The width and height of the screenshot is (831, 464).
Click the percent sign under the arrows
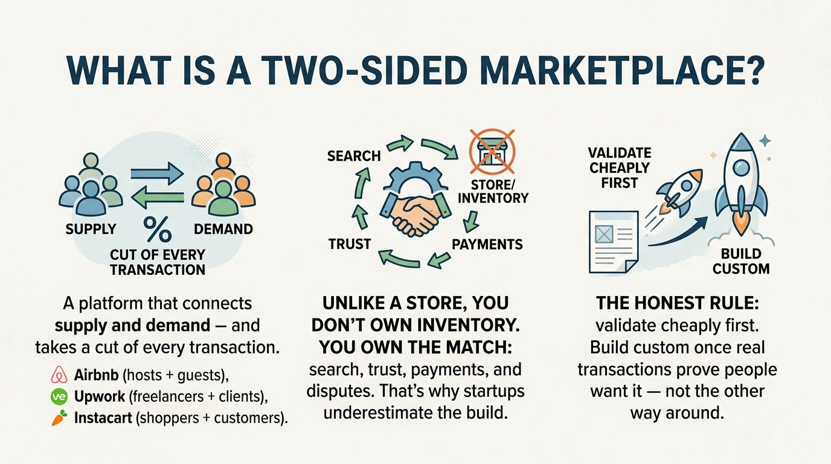pyautogui.click(x=158, y=229)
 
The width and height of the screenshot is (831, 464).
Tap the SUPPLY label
pyautogui.click(x=91, y=229)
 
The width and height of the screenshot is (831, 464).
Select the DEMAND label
pyautogui.click(x=223, y=229)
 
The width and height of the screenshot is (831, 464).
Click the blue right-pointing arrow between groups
pyautogui.click(x=157, y=173)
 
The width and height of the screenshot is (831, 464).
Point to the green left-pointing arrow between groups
pyautogui.click(x=158, y=198)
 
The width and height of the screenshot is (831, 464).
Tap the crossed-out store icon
pyautogui.click(x=492, y=152)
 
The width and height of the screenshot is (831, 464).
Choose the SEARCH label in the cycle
pyautogui.click(x=354, y=156)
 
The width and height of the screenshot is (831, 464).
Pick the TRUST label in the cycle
pyautogui.click(x=350, y=244)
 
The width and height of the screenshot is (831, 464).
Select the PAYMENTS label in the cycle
pyautogui.click(x=487, y=244)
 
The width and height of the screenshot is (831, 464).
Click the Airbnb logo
pyautogui.click(x=59, y=375)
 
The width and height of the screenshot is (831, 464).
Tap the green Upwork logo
pyautogui.click(x=59, y=396)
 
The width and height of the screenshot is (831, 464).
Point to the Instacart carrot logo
pyautogui.click(x=59, y=417)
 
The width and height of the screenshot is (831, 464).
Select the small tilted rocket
pyautogui.click(x=679, y=193)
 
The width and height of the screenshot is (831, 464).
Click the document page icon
pyautogui.click(x=614, y=242)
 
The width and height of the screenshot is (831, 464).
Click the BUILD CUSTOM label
pyautogui.click(x=741, y=262)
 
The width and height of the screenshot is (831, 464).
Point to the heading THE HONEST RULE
pyautogui.click(x=678, y=303)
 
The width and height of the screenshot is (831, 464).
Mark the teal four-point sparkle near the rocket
pyautogui.click(x=765, y=141)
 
